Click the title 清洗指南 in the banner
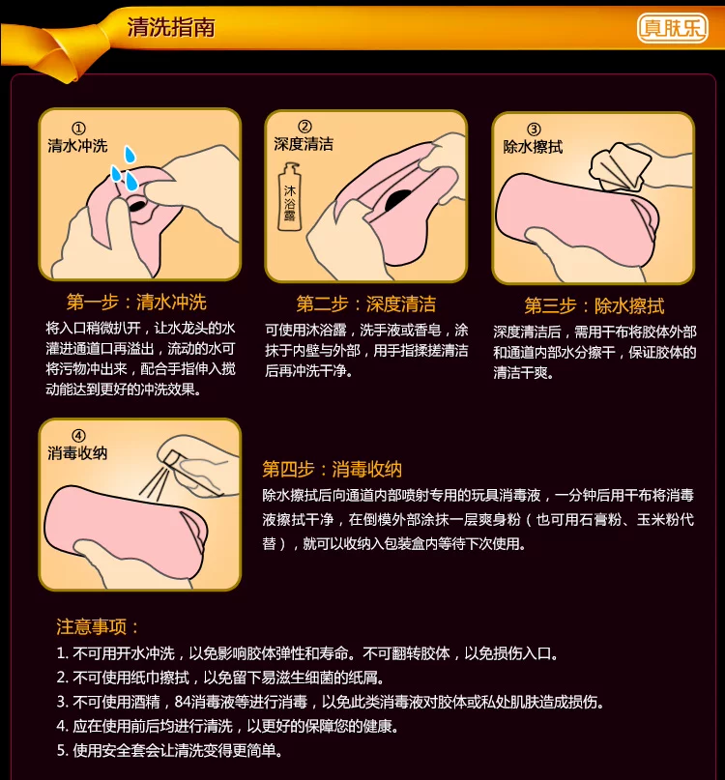tap(171, 27)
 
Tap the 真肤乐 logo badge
tap(672, 28)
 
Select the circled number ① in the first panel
tap(78, 129)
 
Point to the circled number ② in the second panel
tap(304, 127)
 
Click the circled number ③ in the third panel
tap(534, 130)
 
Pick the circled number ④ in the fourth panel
tap(78, 436)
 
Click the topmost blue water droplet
tap(130, 155)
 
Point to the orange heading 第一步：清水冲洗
tap(136, 302)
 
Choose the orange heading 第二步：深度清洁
tap(365, 303)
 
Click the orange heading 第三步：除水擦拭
tap(594, 306)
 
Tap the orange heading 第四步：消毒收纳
tap(332, 469)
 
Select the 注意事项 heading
tap(97, 626)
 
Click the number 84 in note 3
tap(183, 702)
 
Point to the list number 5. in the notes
tap(62, 750)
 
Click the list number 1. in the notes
tap(62, 653)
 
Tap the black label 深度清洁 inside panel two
tap(304, 144)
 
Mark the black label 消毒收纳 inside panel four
tap(77, 453)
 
